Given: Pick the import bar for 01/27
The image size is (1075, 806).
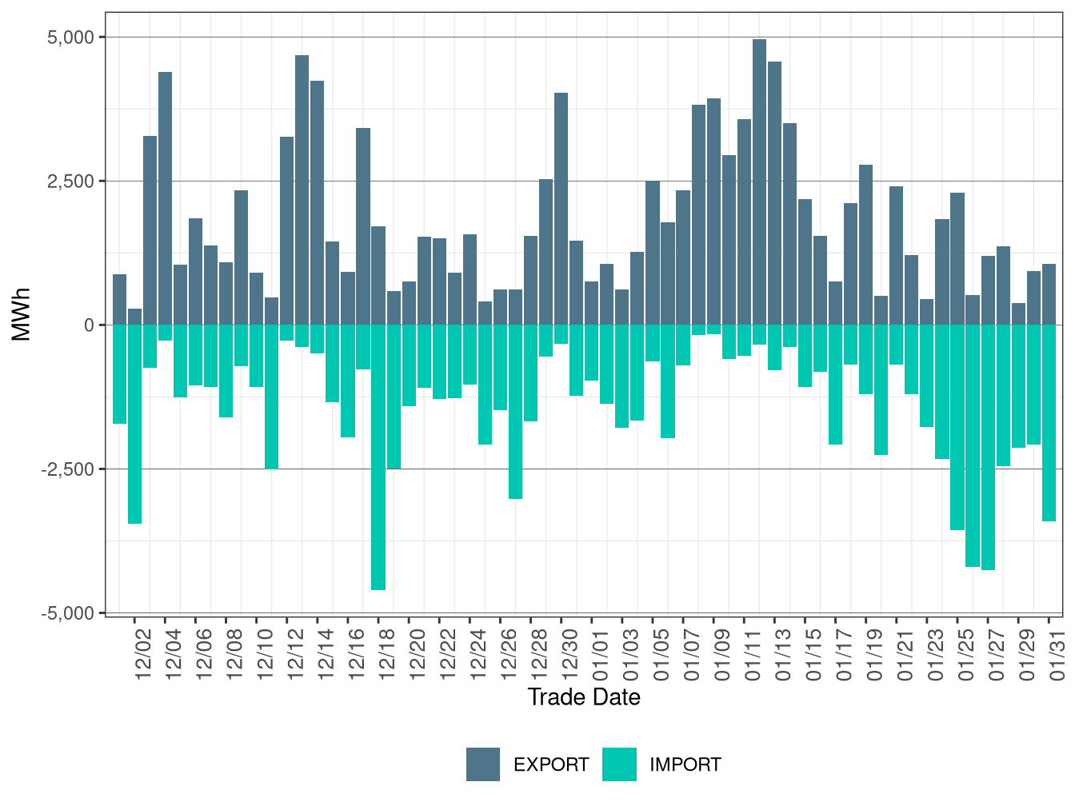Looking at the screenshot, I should pos(989,447).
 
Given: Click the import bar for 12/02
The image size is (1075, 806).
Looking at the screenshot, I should pos(134,424).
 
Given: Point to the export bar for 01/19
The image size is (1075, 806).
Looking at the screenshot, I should pos(866,245).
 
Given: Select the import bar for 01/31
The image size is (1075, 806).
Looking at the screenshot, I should pos(1049,423).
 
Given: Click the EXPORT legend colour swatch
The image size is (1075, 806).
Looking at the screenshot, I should pos(483,764).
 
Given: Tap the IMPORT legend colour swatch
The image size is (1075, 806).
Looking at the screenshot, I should pos(619,764).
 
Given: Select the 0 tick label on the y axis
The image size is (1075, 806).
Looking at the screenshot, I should pos(89,325).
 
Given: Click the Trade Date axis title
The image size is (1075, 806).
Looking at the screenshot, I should pos(584,697).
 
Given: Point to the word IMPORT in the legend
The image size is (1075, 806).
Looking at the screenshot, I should pos(685,765).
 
